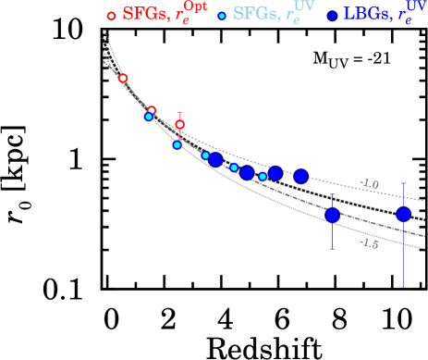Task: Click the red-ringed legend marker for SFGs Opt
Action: (x=112, y=16)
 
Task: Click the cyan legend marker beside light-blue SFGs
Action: (x=222, y=16)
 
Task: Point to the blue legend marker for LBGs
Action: (x=332, y=16)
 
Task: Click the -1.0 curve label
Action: (x=370, y=184)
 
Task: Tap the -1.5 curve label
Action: (x=370, y=242)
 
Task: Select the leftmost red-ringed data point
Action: (x=123, y=79)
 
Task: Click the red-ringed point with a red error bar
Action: (x=179, y=124)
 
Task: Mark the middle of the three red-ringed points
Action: (x=152, y=111)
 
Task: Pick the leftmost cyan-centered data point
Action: (x=149, y=117)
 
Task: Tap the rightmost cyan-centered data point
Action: (x=263, y=176)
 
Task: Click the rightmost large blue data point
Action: (x=403, y=214)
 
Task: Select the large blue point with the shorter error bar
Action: (x=332, y=216)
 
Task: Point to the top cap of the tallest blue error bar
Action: (x=403, y=183)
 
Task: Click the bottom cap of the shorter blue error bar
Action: (x=332, y=247)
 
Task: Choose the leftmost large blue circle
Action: (x=215, y=159)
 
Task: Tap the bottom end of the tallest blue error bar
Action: (x=403, y=286)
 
